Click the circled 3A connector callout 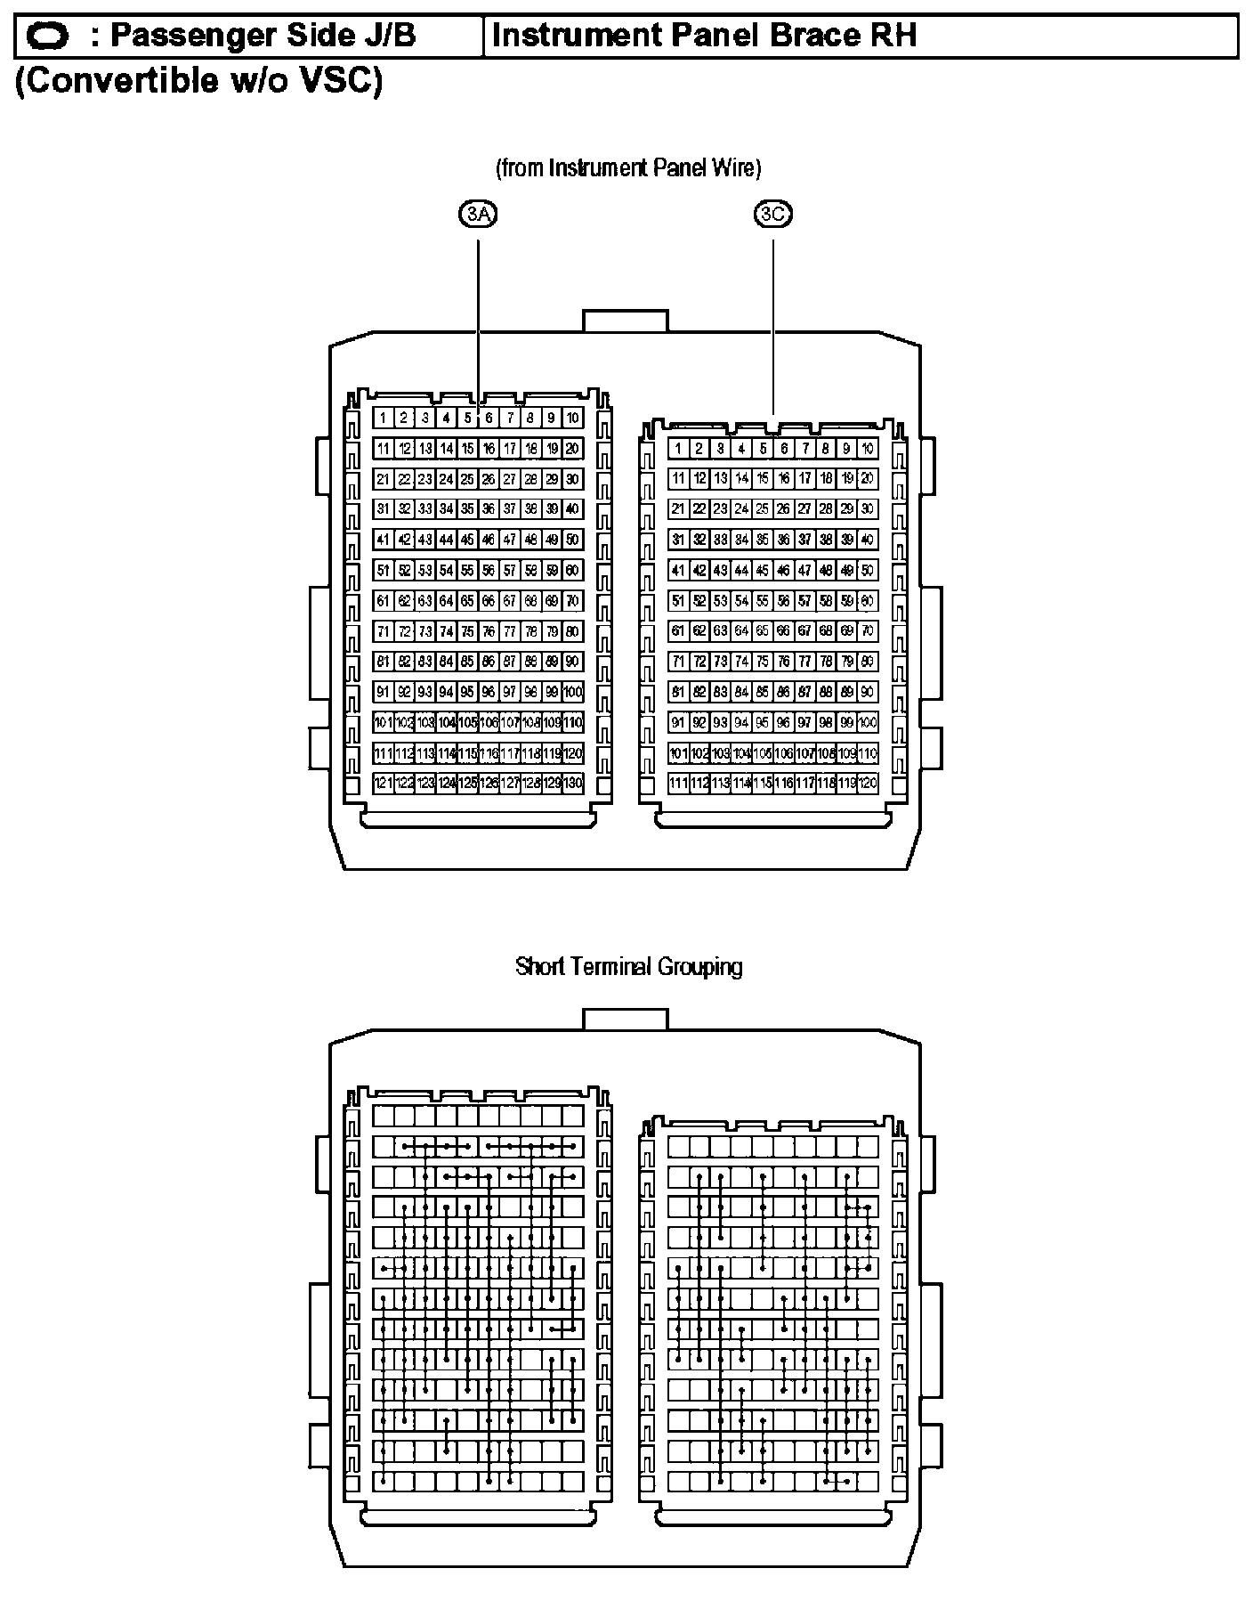coord(479,214)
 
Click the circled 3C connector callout coord(772,214)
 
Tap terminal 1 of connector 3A coord(383,418)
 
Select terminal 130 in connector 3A coord(574,783)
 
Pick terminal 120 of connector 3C coord(868,783)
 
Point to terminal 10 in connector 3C coord(868,449)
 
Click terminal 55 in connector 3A coord(468,570)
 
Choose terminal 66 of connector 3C coord(783,630)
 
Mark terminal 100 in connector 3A coord(574,691)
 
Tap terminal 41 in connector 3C coord(678,570)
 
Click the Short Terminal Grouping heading coord(628,966)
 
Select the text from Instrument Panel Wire coord(628,167)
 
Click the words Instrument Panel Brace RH coord(703,36)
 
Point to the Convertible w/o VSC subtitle coord(199,81)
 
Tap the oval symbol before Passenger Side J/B coord(48,37)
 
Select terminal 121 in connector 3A coord(383,783)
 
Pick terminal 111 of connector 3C coord(678,783)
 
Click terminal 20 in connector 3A coord(574,449)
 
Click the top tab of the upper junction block coord(625,321)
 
